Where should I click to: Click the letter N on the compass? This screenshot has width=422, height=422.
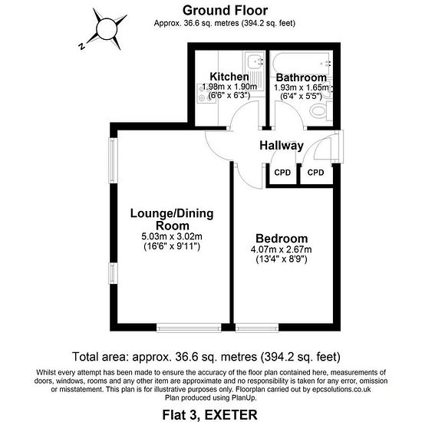click(x=82, y=46)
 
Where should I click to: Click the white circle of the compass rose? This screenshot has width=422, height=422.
click(x=107, y=29)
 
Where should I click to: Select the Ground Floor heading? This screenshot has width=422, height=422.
click(x=225, y=11)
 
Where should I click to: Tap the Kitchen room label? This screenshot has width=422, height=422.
click(x=229, y=77)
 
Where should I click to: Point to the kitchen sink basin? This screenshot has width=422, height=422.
click(x=254, y=61)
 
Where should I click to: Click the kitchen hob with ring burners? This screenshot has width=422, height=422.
click(x=203, y=93)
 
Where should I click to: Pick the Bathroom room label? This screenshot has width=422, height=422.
click(x=302, y=77)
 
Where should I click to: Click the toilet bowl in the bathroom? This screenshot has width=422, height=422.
click(x=318, y=111)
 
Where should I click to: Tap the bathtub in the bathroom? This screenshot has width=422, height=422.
click(x=302, y=63)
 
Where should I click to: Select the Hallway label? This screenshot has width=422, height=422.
click(x=282, y=146)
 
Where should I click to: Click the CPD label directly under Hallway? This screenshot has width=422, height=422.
click(x=282, y=173)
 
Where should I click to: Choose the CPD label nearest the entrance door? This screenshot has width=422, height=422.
click(x=315, y=173)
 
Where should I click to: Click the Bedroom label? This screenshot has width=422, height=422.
click(x=282, y=239)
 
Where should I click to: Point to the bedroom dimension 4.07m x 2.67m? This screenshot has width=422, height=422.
click(x=282, y=249)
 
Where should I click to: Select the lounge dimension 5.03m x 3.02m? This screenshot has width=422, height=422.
click(x=172, y=236)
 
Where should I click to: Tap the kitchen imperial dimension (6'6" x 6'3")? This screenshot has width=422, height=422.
click(x=229, y=95)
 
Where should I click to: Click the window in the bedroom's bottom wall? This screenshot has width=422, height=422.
click(x=257, y=328)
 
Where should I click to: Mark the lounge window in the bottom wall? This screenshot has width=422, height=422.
click(x=189, y=328)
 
